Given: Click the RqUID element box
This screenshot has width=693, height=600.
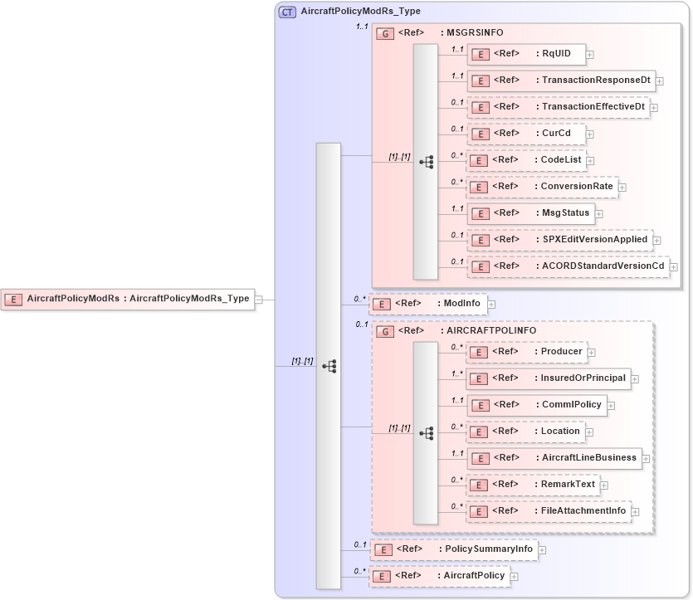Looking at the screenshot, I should [525, 55].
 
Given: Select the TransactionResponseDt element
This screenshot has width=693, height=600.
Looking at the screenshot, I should [561, 80].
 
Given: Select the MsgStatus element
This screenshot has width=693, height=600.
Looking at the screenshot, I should [531, 213].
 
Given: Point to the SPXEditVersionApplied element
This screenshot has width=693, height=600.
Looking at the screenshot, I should [559, 240].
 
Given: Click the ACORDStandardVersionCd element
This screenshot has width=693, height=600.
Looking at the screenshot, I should [569, 266].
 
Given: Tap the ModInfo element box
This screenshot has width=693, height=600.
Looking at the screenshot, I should [428, 304].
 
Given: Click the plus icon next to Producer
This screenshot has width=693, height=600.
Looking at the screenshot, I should [592, 353].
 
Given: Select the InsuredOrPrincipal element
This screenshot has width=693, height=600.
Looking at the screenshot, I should [549, 378].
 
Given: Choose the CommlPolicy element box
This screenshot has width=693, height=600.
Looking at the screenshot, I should [536, 405].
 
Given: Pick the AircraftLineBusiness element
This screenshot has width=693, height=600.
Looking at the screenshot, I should [554, 457].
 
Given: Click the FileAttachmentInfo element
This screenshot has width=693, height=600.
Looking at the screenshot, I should [549, 511].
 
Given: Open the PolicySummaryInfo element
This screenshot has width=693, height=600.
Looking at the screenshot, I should [453, 549].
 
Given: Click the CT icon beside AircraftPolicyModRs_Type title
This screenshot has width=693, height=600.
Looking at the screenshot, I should [287, 12].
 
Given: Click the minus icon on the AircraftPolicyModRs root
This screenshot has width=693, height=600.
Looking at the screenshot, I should [259, 300].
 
